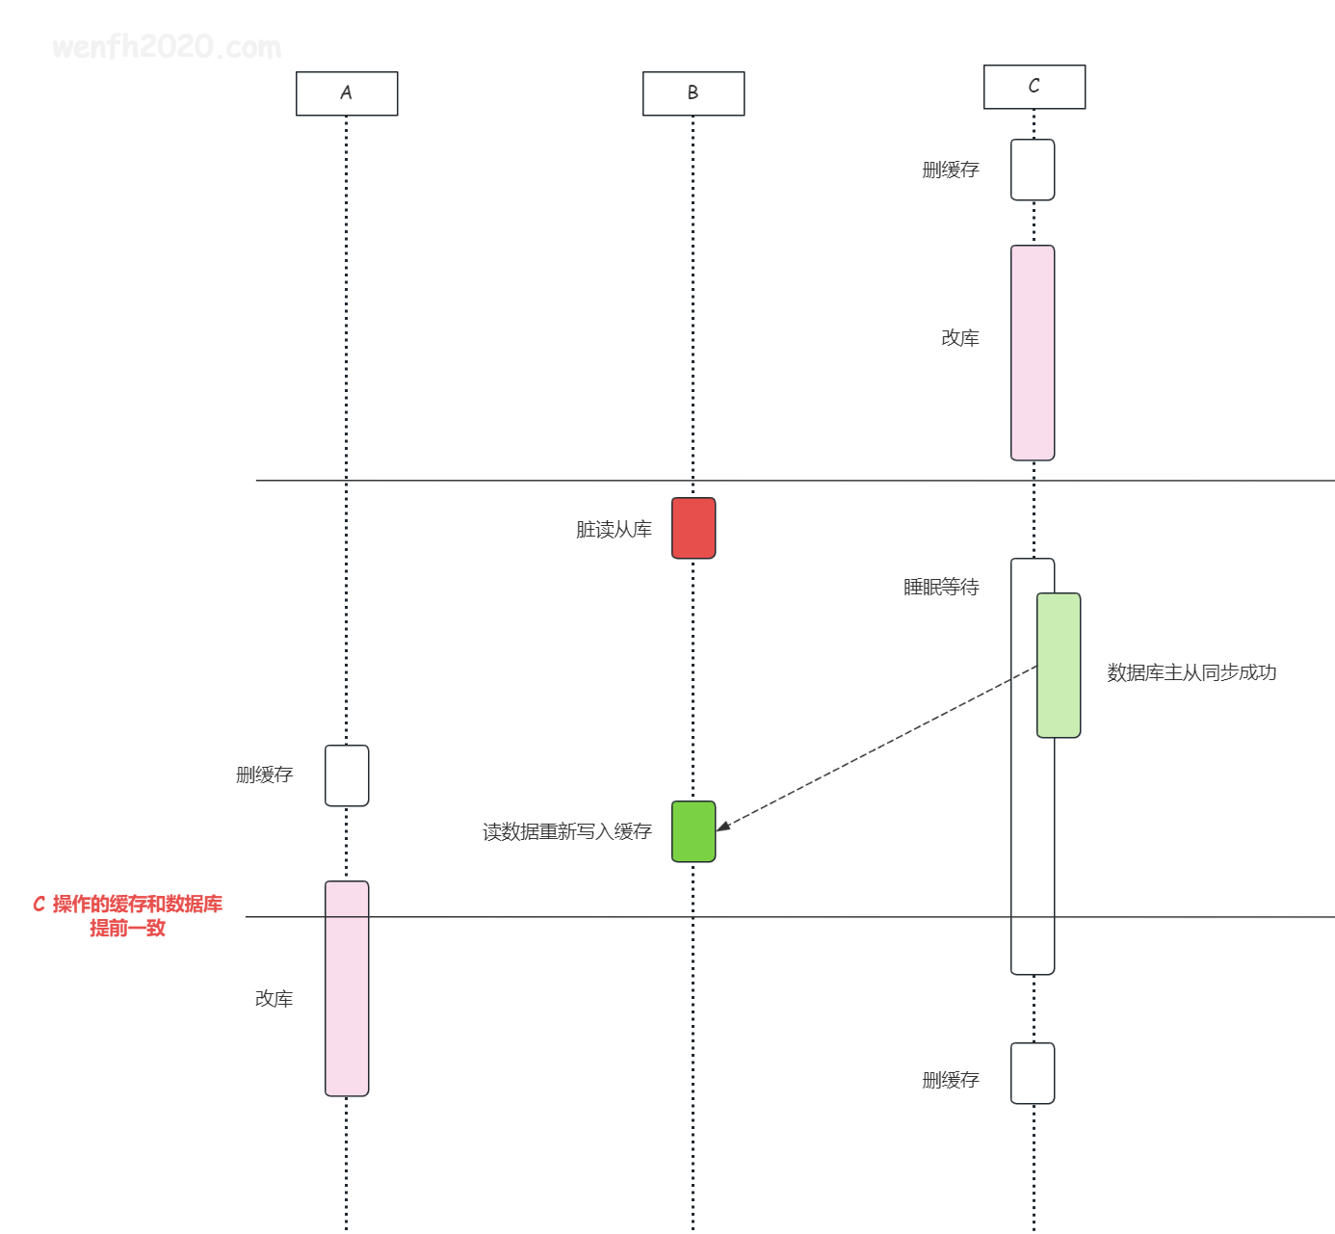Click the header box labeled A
[x=347, y=93]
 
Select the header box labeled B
[x=694, y=93]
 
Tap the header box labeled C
[x=1034, y=87]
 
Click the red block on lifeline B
[x=694, y=528]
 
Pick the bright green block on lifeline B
[x=694, y=831]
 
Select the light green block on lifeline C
[x=1058, y=665]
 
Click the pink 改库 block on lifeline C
[x=1033, y=353]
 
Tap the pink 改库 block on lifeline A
[x=347, y=988]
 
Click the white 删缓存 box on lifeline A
[x=347, y=775]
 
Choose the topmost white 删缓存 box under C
[x=1033, y=170]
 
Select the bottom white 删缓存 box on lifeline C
[x=1033, y=1073]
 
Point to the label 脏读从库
[x=614, y=529]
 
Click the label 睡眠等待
[x=941, y=587]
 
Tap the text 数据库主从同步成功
[x=1191, y=672]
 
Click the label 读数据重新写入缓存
[x=566, y=832]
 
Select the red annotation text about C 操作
[x=128, y=916]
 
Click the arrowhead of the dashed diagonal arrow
[x=718, y=830]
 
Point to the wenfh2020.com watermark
[x=167, y=47]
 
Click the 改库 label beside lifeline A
[x=274, y=999]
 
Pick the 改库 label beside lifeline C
[x=960, y=337]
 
